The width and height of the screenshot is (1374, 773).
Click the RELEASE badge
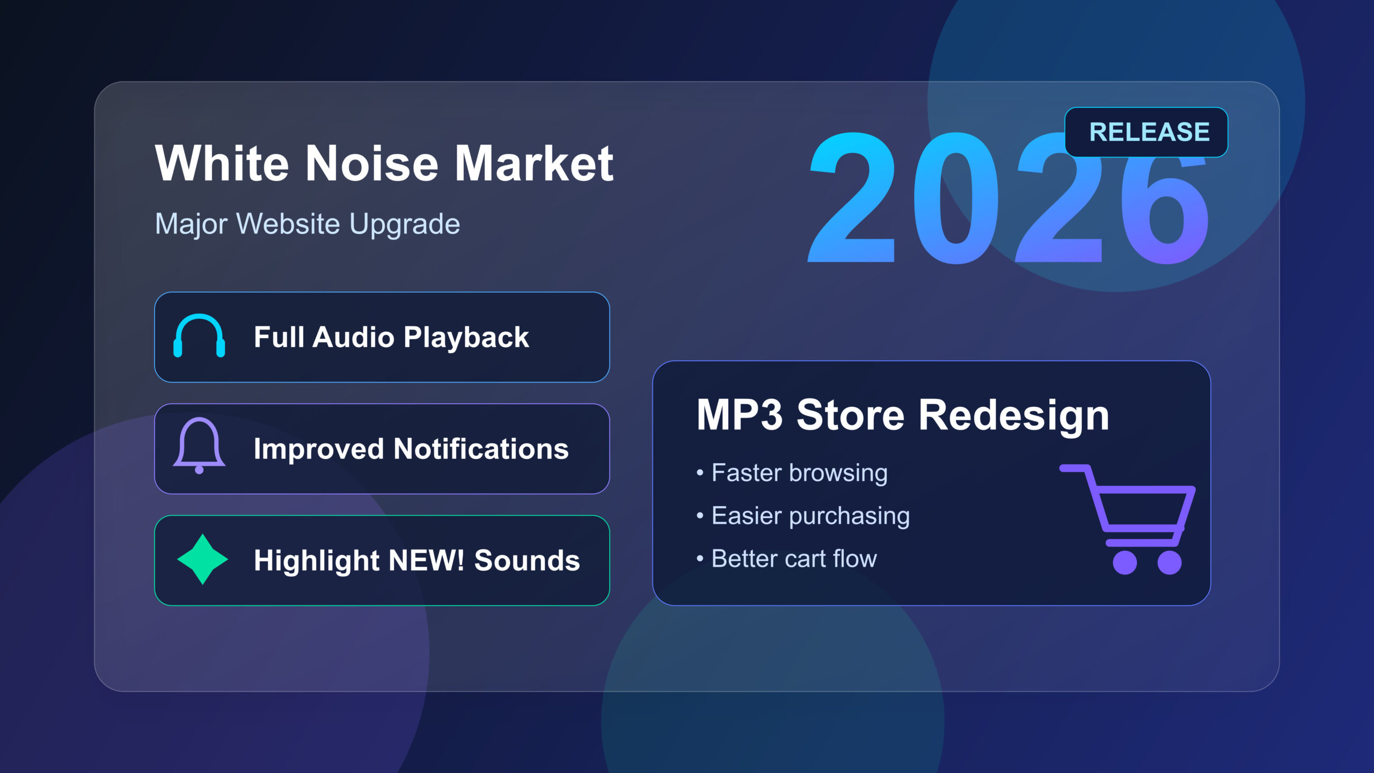(1146, 132)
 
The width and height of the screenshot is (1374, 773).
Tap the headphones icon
(199, 337)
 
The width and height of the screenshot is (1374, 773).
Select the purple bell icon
(199, 446)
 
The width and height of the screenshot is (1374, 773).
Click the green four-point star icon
(202, 559)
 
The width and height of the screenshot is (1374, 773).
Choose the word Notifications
(480, 449)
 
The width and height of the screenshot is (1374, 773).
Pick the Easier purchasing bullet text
(810, 516)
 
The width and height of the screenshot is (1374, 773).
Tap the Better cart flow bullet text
(794, 559)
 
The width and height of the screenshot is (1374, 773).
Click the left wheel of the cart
(1124, 563)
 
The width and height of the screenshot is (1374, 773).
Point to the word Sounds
(527, 560)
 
